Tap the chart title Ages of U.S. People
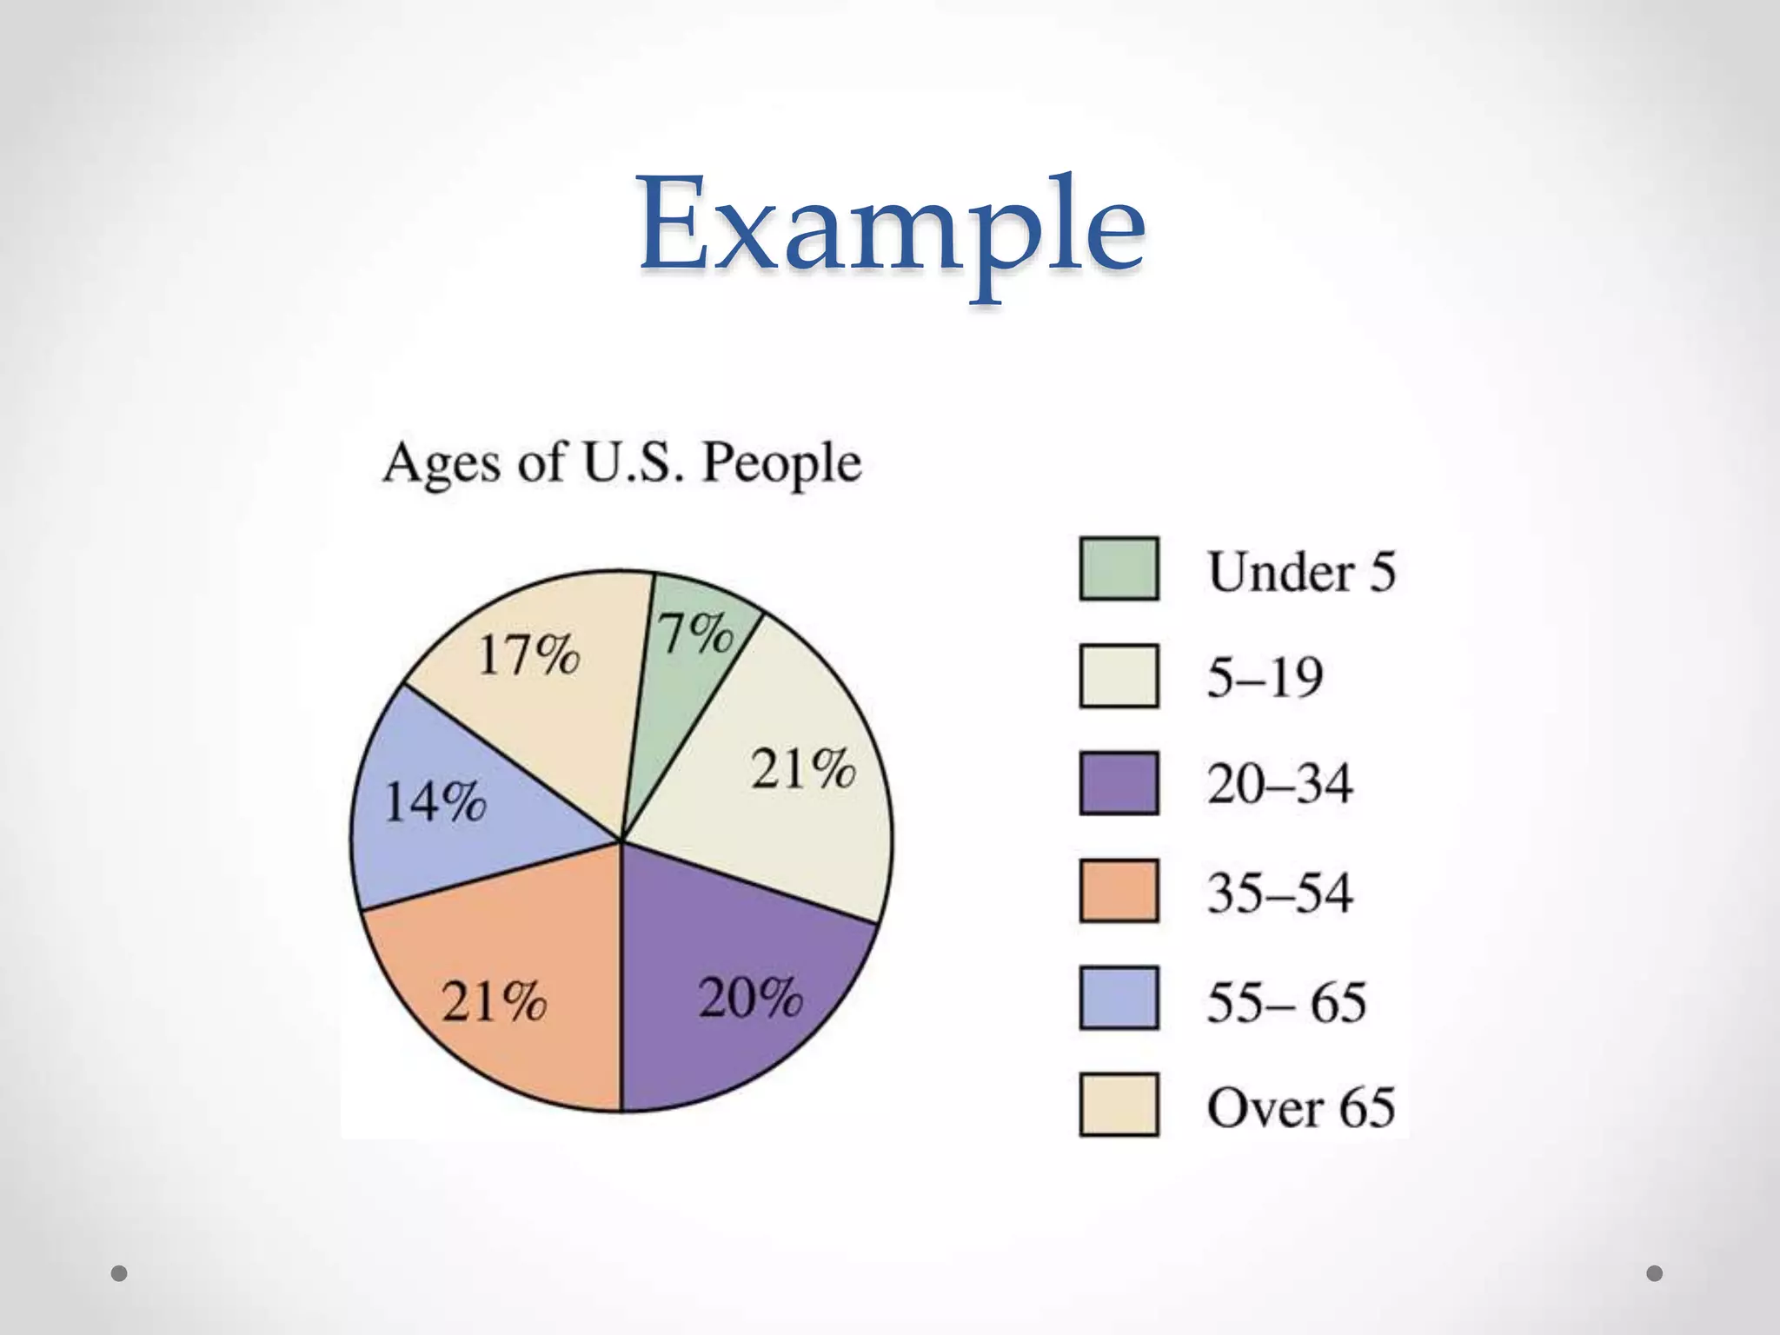pyautogui.click(x=622, y=462)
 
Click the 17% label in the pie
pyautogui.click(x=528, y=654)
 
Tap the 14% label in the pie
pyautogui.click(x=435, y=801)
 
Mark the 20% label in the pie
pyautogui.click(x=750, y=998)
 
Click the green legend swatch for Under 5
pyautogui.click(x=1119, y=569)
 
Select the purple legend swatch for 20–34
pyautogui.click(x=1119, y=783)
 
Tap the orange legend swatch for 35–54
pyautogui.click(x=1119, y=891)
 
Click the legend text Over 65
pyautogui.click(x=1300, y=1107)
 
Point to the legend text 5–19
pyautogui.click(x=1265, y=677)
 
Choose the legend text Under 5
pyautogui.click(x=1301, y=572)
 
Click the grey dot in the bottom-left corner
pyautogui.click(x=119, y=1273)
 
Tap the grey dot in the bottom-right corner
pyautogui.click(x=1655, y=1273)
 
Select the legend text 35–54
pyautogui.click(x=1279, y=893)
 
